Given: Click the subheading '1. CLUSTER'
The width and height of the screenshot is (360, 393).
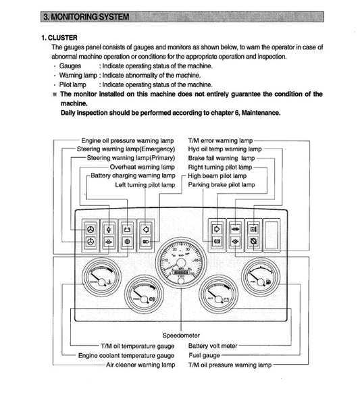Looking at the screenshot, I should (61, 38).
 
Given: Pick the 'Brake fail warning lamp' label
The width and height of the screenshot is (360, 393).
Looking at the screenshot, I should (220, 157).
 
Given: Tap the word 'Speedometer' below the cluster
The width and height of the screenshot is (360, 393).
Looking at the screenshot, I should (180, 335).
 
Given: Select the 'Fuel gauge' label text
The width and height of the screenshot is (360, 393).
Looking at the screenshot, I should (203, 355).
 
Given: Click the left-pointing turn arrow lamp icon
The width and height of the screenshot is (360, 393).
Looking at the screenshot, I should (146, 228).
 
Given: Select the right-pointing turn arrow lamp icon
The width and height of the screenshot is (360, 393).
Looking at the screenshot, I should (217, 228).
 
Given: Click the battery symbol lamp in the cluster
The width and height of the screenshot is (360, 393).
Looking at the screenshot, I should (126, 228).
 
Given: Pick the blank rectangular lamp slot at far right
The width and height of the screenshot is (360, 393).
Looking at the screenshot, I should (272, 234).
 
